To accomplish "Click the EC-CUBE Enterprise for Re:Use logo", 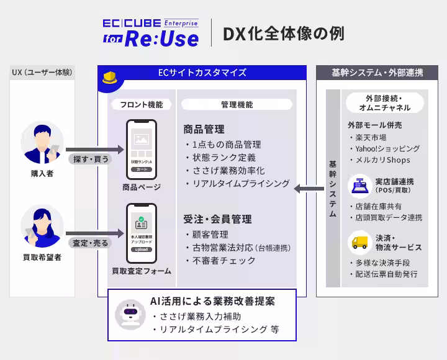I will pyautogui.click(x=151, y=33).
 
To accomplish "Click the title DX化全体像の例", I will pyautogui.click(x=282, y=34).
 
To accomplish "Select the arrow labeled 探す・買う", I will pyautogui.click(x=91, y=156).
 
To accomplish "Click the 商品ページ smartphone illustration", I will pyautogui.click(x=142, y=148).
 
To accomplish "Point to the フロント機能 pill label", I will pyautogui.click(x=142, y=104).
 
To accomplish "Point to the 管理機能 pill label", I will pyautogui.click(x=237, y=104).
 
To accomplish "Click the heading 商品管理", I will pyautogui.click(x=204, y=130).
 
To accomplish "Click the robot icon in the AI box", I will pyautogui.click(x=130, y=315).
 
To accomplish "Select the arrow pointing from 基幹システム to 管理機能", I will pyautogui.click(x=309, y=187).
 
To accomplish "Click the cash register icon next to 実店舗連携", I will pyautogui.click(x=358, y=185).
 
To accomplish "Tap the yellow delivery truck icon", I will pyautogui.click(x=358, y=242).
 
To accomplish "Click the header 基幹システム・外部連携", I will pyautogui.click(x=378, y=73).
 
